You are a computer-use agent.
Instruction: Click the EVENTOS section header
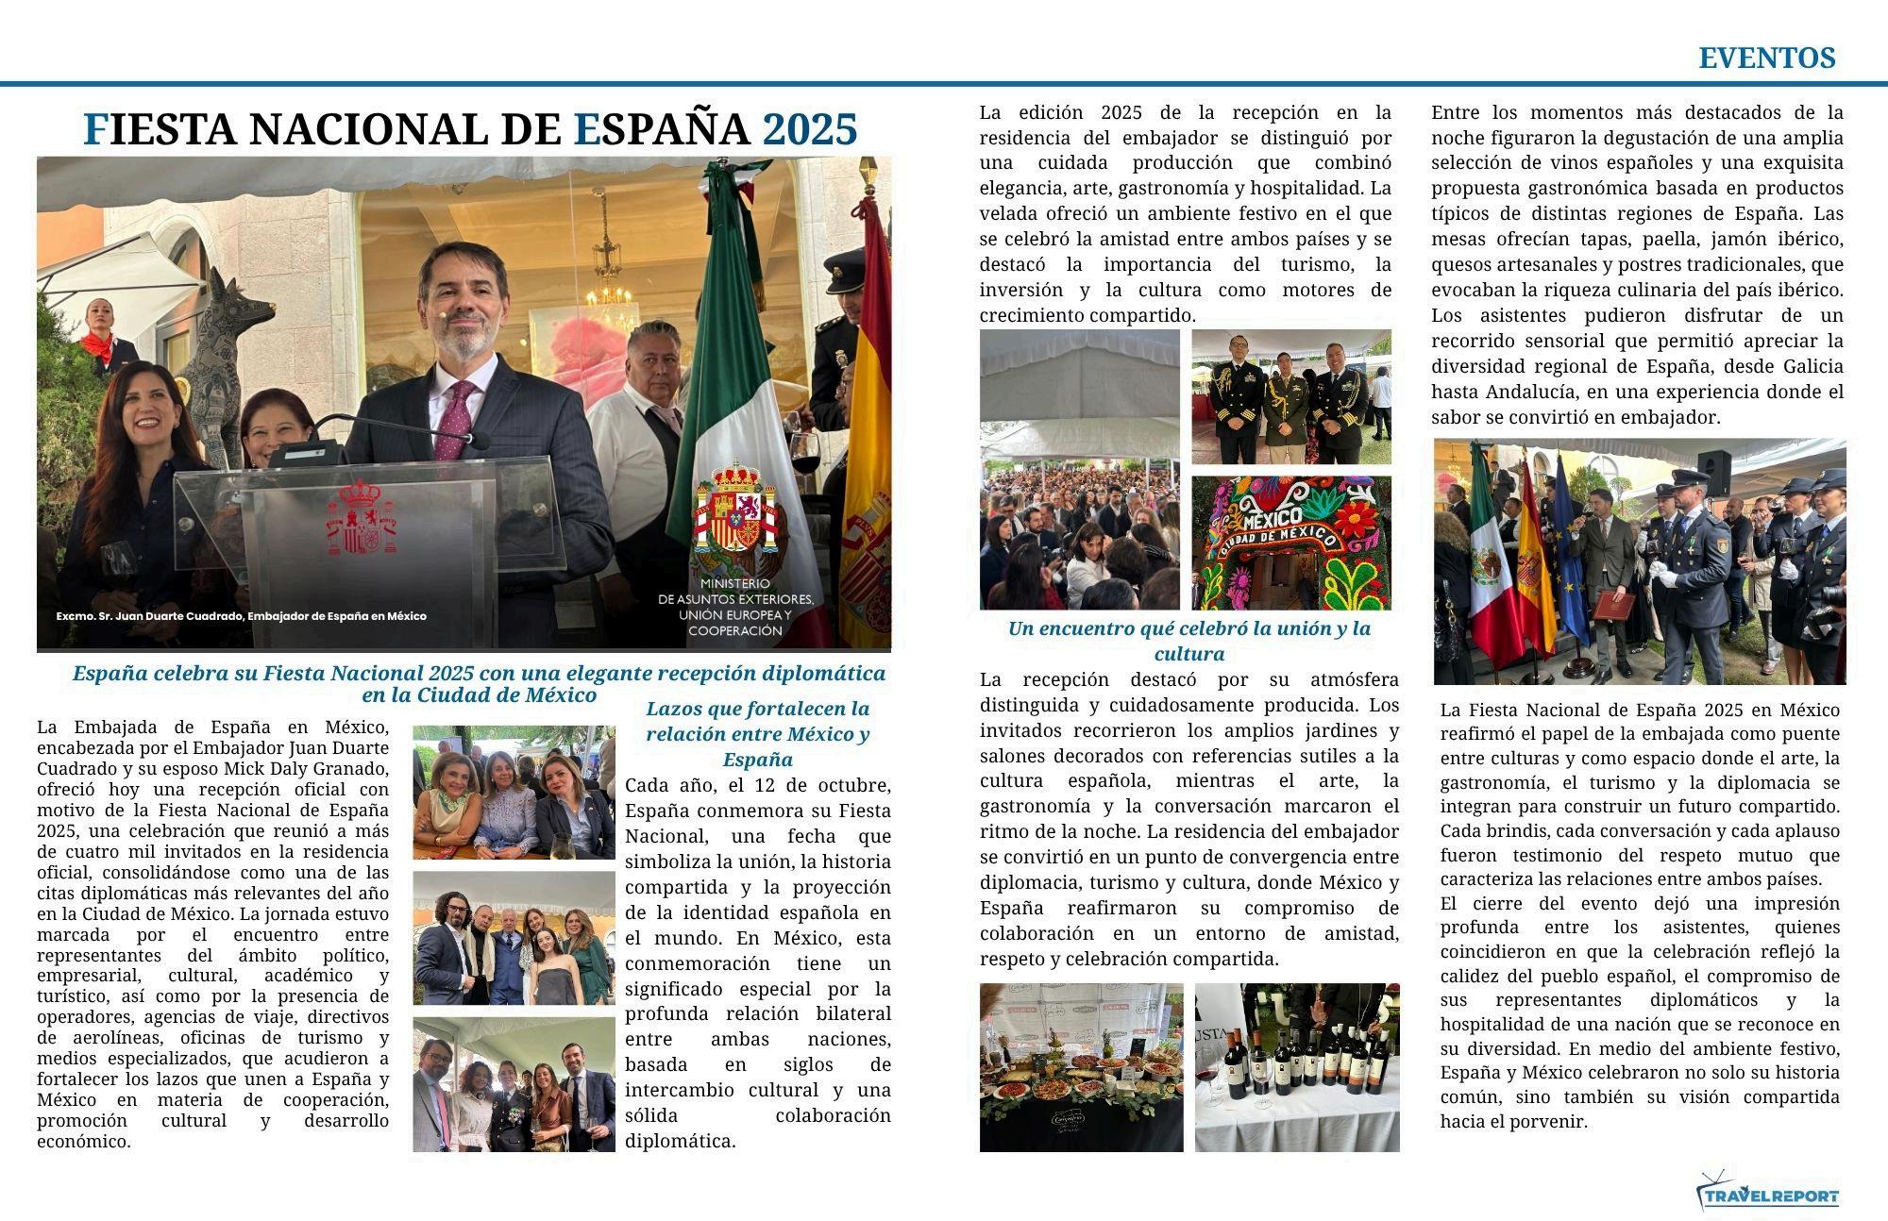point(1766,59)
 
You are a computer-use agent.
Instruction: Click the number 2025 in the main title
point(809,129)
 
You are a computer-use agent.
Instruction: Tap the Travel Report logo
point(1768,1195)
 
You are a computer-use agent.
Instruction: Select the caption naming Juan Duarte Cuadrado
point(241,616)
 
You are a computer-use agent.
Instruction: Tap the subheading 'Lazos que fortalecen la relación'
point(757,733)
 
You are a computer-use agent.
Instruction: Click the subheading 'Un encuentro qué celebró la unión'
point(1188,640)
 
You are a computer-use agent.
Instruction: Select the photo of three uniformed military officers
point(1290,396)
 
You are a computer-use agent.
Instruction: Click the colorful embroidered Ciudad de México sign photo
point(1290,543)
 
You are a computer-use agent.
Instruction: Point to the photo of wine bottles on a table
point(1297,1067)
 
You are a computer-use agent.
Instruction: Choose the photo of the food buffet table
point(1081,1067)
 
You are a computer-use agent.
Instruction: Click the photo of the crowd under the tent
point(1079,469)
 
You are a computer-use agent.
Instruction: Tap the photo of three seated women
point(514,793)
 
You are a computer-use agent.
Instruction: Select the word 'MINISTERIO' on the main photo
point(734,584)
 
